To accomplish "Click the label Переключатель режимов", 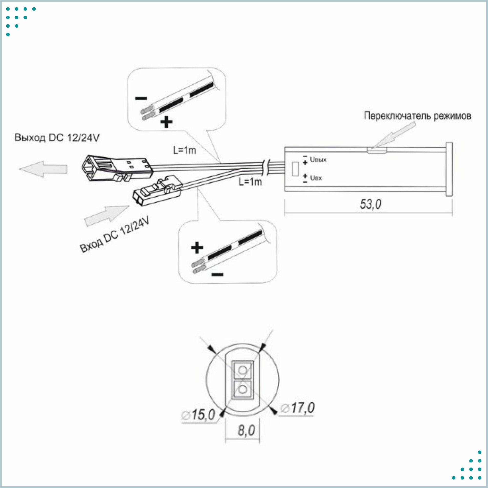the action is tap(417, 116).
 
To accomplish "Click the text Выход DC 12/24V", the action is tap(57, 138).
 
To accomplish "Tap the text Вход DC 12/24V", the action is tap(114, 234).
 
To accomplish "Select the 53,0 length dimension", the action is tap(371, 204).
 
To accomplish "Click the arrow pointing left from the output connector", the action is tap(43, 169).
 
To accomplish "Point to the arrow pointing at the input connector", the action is tap(107, 215).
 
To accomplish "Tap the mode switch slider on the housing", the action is tap(377, 151).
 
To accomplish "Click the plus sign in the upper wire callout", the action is tap(166, 122).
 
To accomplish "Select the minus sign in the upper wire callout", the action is tap(141, 98).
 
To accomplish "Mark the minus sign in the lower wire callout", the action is tap(217, 274).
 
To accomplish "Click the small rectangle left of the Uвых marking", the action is tap(295, 169).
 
